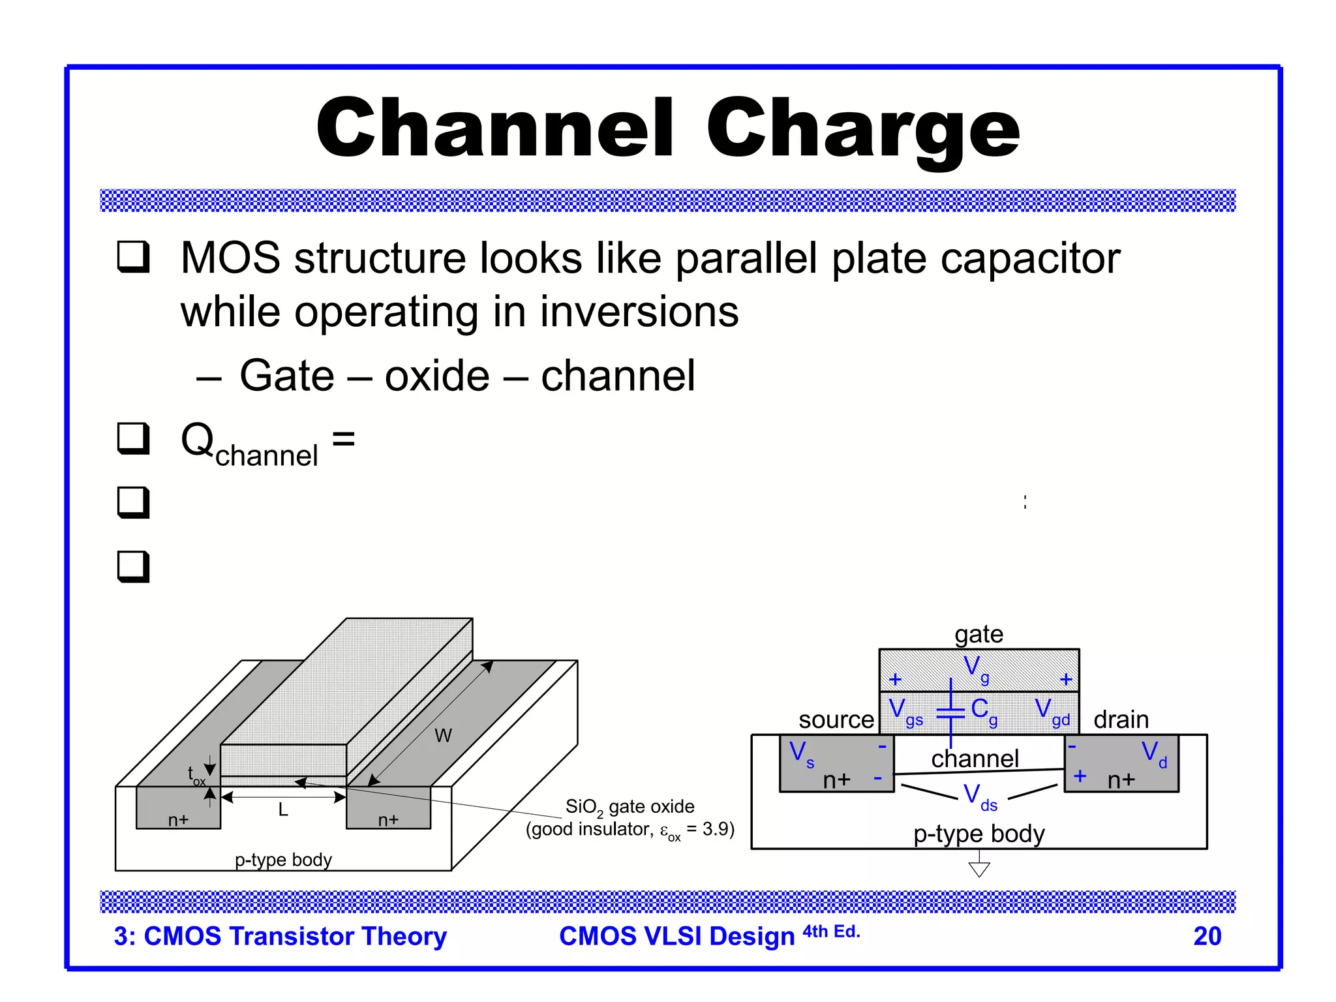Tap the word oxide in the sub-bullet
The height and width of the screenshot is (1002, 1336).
click(x=436, y=376)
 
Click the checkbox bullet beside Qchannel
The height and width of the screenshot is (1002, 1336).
click(x=133, y=438)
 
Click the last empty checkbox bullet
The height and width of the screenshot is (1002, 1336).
click(x=133, y=566)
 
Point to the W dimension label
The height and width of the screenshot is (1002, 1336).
click(x=443, y=736)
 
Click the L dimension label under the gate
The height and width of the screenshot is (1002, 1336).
click(x=283, y=810)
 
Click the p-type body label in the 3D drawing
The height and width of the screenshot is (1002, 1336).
click(x=283, y=860)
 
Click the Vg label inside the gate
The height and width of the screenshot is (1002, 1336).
click(x=976, y=668)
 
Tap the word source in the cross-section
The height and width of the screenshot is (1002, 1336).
click(x=836, y=720)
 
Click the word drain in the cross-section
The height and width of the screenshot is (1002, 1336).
click(x=1121, y=720)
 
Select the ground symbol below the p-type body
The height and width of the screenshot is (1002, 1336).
click(x=979, y=868)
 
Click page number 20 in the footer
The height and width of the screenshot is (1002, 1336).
click(x=1207, y=936)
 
